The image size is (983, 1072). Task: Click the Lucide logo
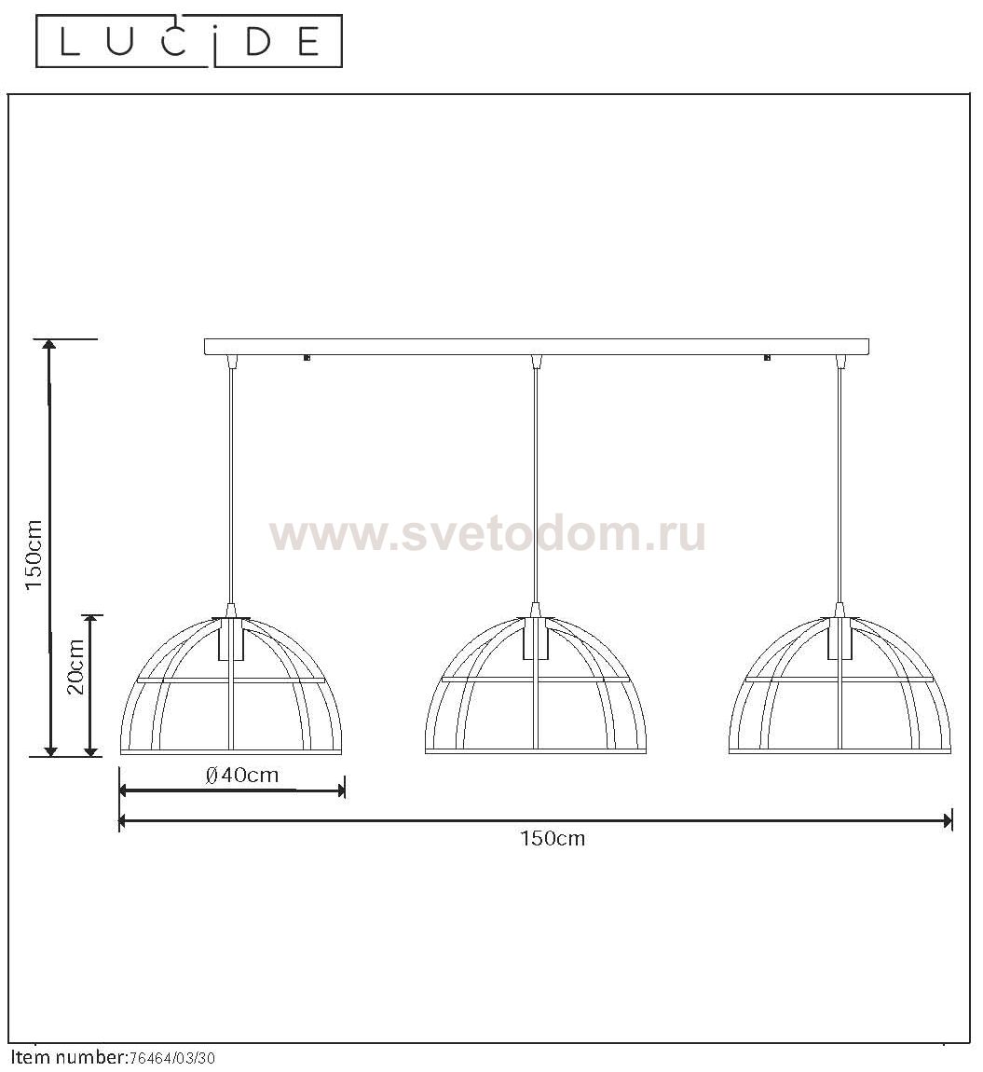[x=188, y=42]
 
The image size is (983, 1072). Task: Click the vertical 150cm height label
[x=34, y=556]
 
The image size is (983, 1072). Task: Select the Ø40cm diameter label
[x=242, y=775]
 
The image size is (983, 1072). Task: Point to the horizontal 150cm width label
[x=553, y=838]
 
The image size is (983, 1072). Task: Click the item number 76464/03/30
[x=171, y=1058]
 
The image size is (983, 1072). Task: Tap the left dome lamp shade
[x=231, y=683]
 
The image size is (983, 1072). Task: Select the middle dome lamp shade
[x=535, y=683]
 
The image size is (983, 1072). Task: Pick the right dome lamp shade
[x=840, y=683]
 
